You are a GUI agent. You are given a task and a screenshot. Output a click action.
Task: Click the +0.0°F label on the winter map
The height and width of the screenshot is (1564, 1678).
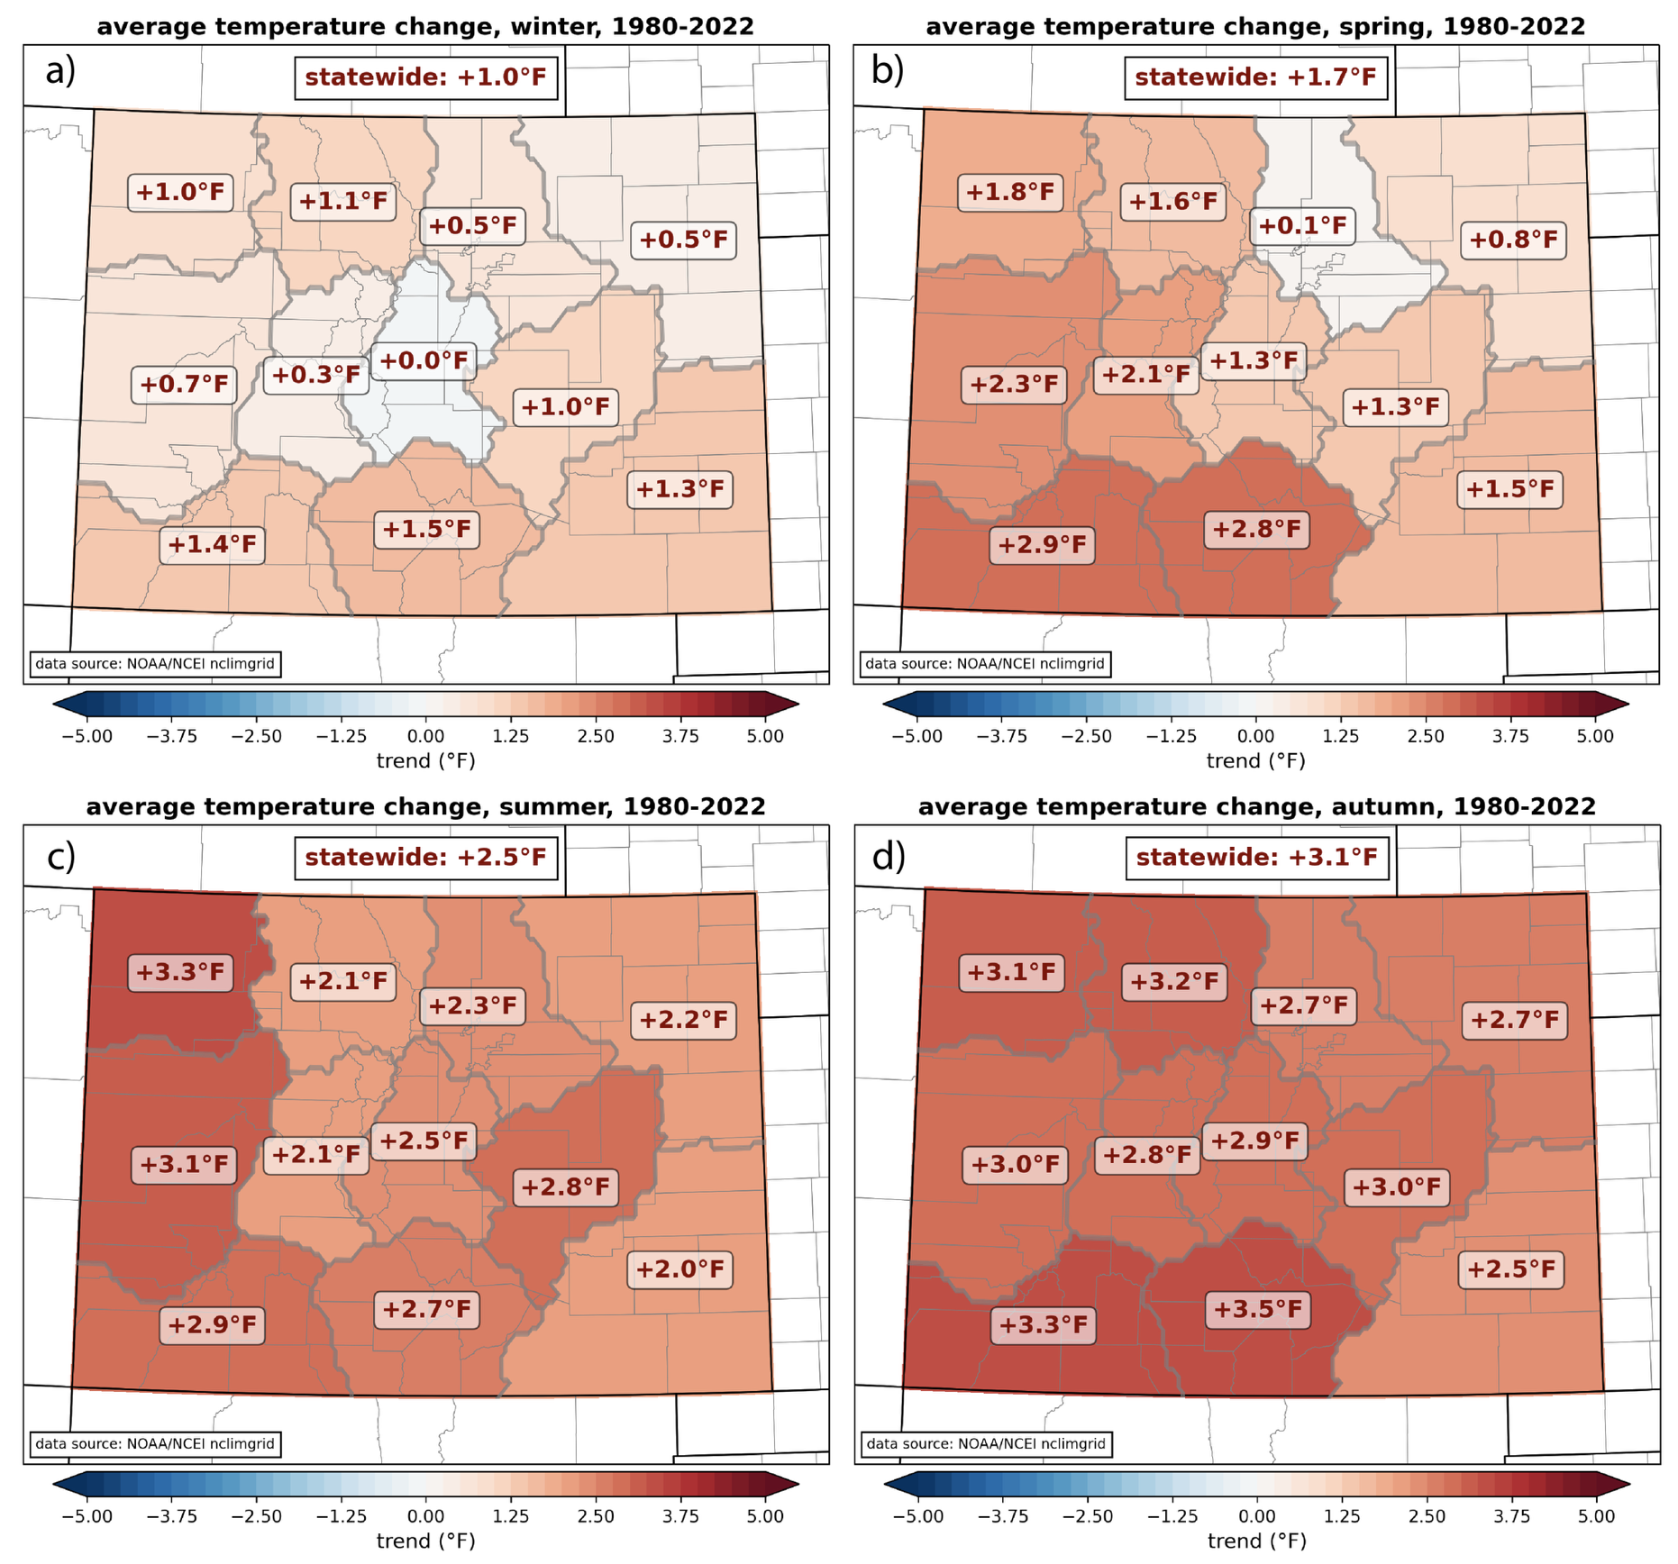click(424, 361)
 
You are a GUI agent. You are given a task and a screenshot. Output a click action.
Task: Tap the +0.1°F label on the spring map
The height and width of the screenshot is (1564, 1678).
click(1302, 225)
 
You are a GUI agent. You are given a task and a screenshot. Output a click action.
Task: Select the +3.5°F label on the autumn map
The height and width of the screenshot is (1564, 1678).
click(1257, 1309)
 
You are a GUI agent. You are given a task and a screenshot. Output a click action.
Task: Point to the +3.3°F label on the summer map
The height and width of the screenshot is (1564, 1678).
click(180, 972)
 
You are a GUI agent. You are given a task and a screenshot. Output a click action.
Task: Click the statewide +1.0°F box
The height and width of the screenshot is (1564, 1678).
click(425, 77)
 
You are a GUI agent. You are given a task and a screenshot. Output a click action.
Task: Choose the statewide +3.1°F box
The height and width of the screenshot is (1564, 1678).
click(1256, 857)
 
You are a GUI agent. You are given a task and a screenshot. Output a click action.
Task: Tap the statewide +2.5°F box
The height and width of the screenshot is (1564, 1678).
click(425, 857)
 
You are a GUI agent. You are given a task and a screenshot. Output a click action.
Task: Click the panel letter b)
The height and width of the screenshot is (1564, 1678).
click(887, 70)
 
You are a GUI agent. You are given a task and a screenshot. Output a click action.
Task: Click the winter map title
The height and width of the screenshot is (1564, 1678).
click(425, 27)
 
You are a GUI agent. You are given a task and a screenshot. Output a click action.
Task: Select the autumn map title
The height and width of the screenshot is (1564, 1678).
click(1256, 806)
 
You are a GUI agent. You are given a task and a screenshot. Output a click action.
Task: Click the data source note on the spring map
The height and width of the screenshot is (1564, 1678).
click(984, 664)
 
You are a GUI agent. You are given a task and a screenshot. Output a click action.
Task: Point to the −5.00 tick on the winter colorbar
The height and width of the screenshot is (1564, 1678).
click(87, 736)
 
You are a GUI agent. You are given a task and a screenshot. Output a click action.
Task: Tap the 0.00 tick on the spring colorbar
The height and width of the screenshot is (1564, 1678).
click(1256, 736)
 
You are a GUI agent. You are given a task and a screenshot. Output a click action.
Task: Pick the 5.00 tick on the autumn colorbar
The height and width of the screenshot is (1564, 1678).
click(1596, 1516)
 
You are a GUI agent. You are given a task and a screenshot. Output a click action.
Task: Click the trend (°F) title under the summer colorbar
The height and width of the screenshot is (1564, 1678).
click(425, 1541)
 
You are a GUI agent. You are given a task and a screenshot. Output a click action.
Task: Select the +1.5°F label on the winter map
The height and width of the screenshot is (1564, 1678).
click(426, 529)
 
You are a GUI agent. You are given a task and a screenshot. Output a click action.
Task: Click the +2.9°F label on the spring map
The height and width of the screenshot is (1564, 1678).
click(1043, 545)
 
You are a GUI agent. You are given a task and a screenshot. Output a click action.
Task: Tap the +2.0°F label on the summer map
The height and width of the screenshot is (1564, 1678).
click(679, 1269)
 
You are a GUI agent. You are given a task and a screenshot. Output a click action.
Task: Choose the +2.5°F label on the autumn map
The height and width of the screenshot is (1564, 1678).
click(1510, 1269)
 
